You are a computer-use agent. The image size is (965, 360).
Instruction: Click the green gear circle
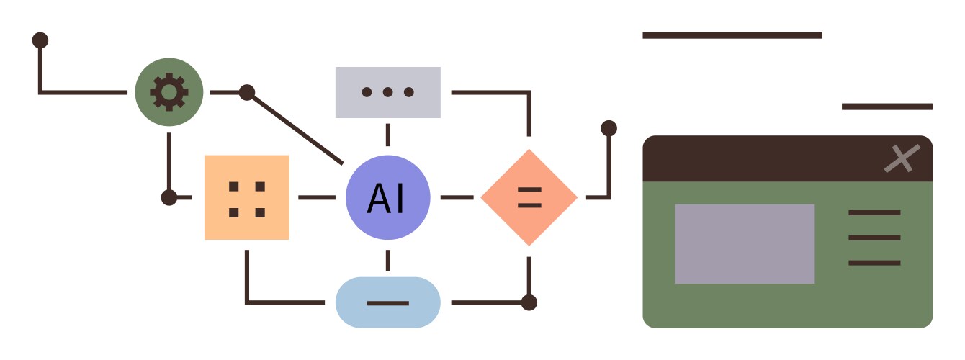(169, 92)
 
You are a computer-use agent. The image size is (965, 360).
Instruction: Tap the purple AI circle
(388, 197)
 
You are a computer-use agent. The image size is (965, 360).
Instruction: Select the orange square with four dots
(247, 197)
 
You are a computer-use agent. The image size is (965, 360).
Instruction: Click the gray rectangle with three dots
(388, 92)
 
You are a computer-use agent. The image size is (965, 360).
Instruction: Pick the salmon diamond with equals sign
(529, 197)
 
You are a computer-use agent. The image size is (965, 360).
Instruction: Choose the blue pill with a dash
(388, 302)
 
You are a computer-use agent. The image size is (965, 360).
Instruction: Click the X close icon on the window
(902, 158)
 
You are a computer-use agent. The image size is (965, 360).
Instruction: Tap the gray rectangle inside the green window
(745, 243)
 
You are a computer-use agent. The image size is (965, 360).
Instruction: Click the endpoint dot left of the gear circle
(40, 40)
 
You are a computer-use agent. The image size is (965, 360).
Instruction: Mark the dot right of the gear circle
(247, 92)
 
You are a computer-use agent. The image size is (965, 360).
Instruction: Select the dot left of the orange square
(169, 197)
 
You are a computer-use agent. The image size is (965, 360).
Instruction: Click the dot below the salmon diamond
(529, 302)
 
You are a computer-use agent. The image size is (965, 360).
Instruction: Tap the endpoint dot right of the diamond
(609, 128)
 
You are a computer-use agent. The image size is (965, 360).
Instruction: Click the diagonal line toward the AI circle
(295, 127)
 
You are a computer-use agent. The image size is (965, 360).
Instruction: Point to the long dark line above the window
(732, 35)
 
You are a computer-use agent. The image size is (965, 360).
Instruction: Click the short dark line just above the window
(887, 107)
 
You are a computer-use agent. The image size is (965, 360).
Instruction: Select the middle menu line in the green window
(874, 238)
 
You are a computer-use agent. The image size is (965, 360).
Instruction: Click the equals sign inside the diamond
(529, 197)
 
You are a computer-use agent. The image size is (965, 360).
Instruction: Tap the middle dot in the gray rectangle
(388, 92)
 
